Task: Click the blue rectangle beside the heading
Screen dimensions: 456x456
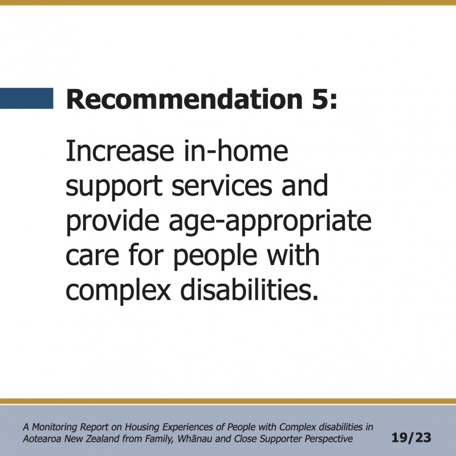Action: tap(26, 98)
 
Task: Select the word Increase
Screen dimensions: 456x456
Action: tap(120, 151)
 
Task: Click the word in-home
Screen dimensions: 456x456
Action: tap(236, 150)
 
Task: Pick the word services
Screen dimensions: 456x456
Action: tap(222, 186)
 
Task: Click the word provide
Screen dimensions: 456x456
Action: tap(112, 221)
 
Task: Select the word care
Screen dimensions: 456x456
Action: tap(92, 256)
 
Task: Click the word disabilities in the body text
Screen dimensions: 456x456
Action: tap(250, 290)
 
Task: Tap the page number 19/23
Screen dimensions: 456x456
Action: tap(411, 438)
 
